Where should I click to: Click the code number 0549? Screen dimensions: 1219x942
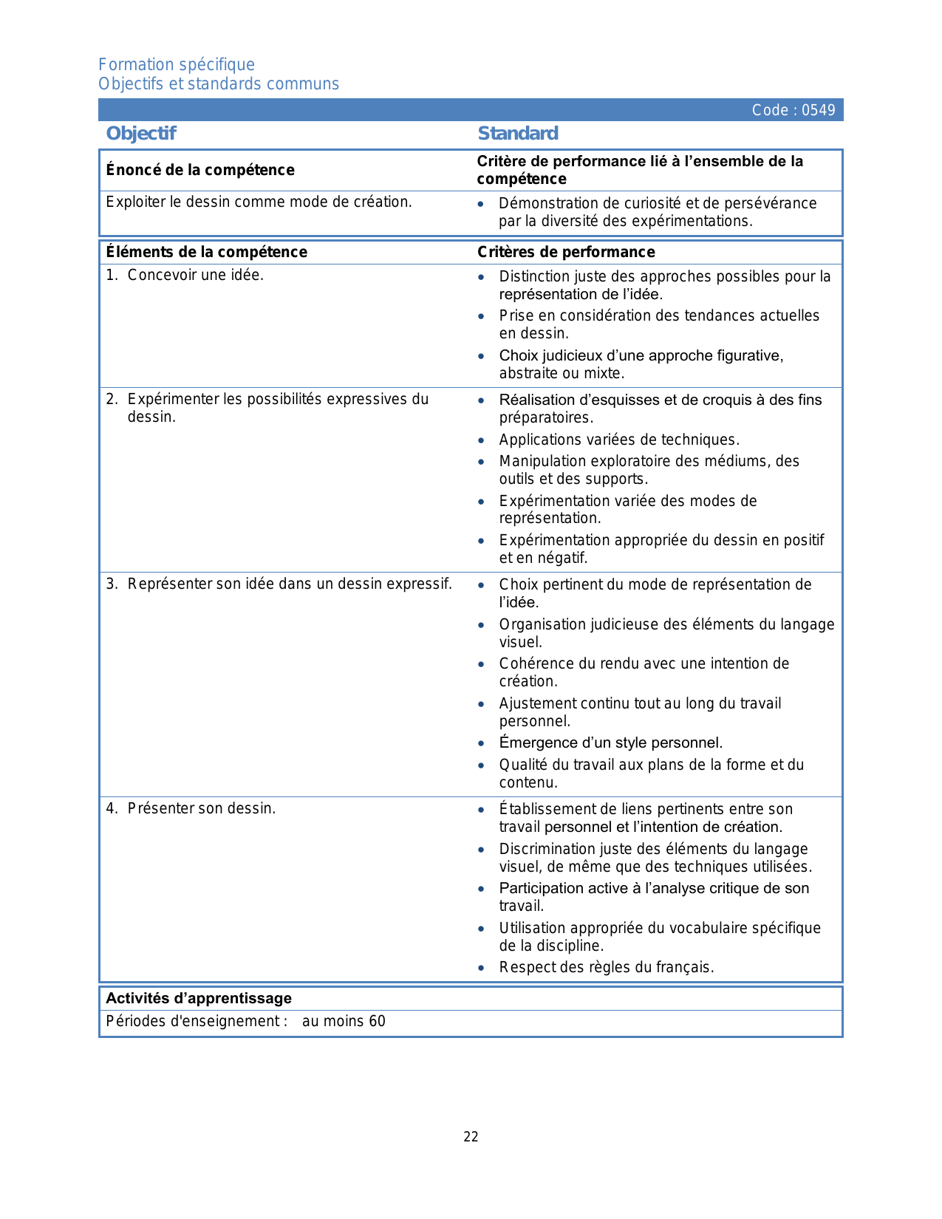click(x=818, y=110)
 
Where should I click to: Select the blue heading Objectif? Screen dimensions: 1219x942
click(x=141, y=133)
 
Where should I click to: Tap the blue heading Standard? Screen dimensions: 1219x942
click(x=518, y=133)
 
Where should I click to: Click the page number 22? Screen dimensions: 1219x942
click(x=471, y=1137)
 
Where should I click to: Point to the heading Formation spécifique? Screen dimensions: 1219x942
click(x=177, y=64)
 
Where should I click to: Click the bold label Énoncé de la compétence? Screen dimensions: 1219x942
click(x=200, y=170)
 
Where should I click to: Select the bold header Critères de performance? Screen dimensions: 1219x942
click(x=566, y=252)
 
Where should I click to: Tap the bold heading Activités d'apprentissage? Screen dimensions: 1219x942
click(x=199, y=998)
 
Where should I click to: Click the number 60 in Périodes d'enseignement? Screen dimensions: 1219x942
click(x=377, y=1021)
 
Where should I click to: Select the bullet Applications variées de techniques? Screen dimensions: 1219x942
click(x=619, y=440)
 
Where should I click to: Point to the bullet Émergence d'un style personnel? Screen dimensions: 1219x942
click(x=610, y=742)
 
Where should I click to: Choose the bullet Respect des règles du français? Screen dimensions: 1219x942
click(x=607, y=967)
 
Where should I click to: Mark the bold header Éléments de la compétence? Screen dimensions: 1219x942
click(x=207, y=252)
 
